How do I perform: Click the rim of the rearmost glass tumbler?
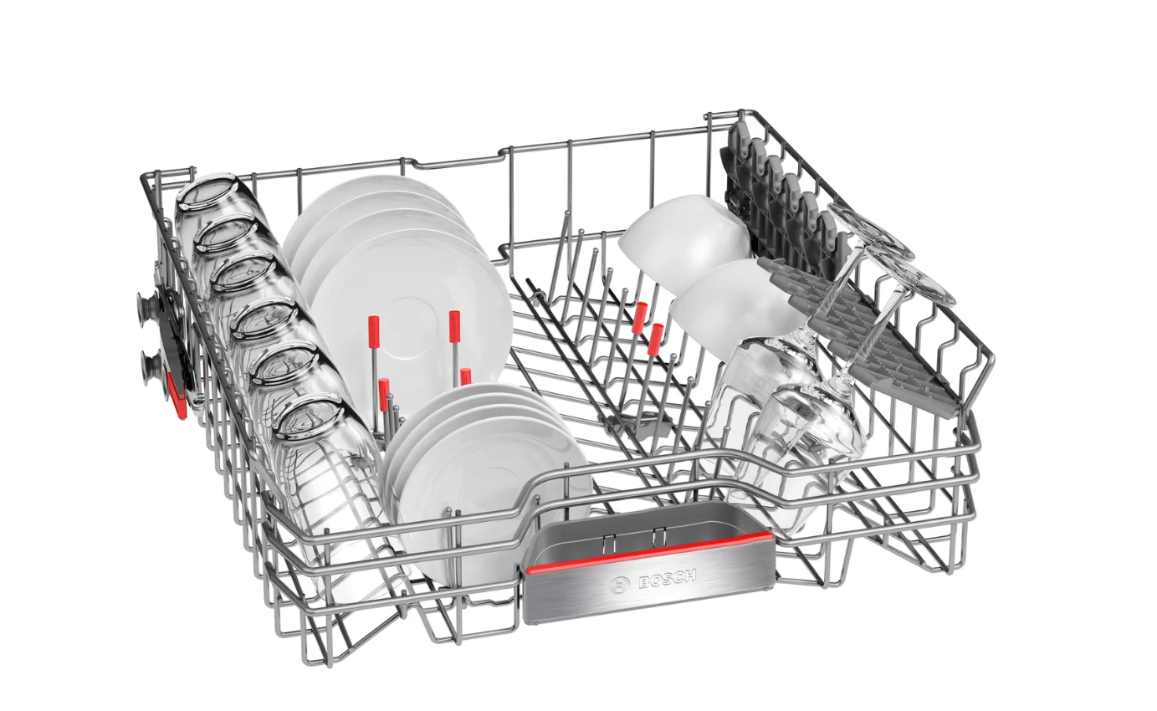(x=207, y=192)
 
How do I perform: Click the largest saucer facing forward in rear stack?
(x=411, y=327)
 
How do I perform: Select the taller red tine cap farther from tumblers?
(x=454, y=326)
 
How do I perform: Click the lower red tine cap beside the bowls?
(x=654, y=340)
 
